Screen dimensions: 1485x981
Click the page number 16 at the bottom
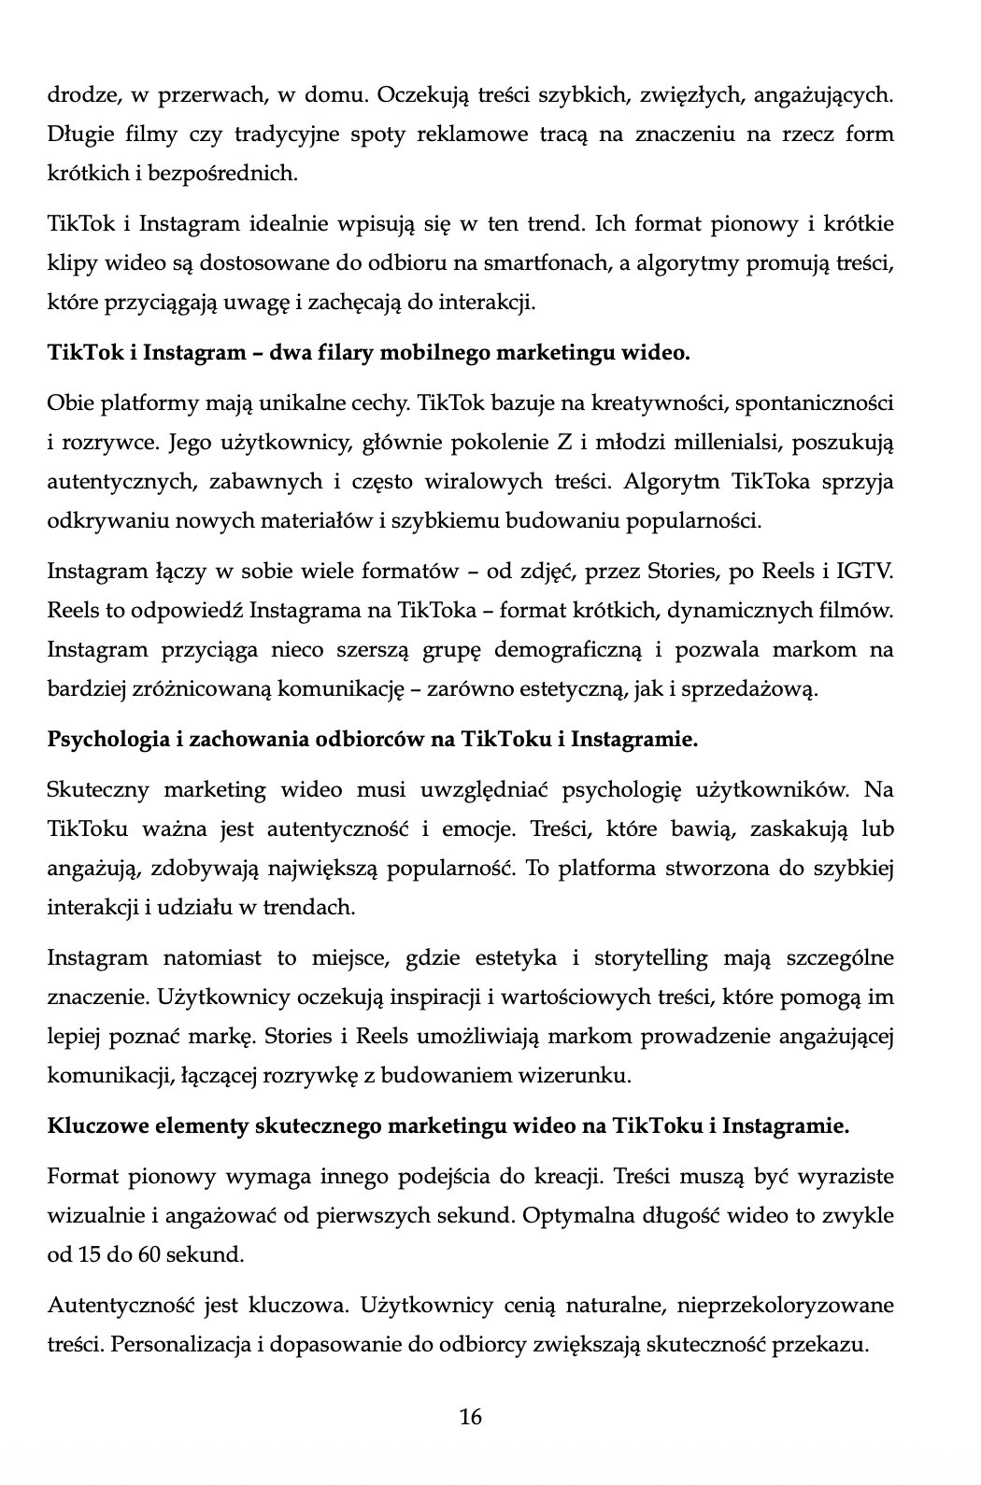point(471,1417)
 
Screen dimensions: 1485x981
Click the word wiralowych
point(474,482)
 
